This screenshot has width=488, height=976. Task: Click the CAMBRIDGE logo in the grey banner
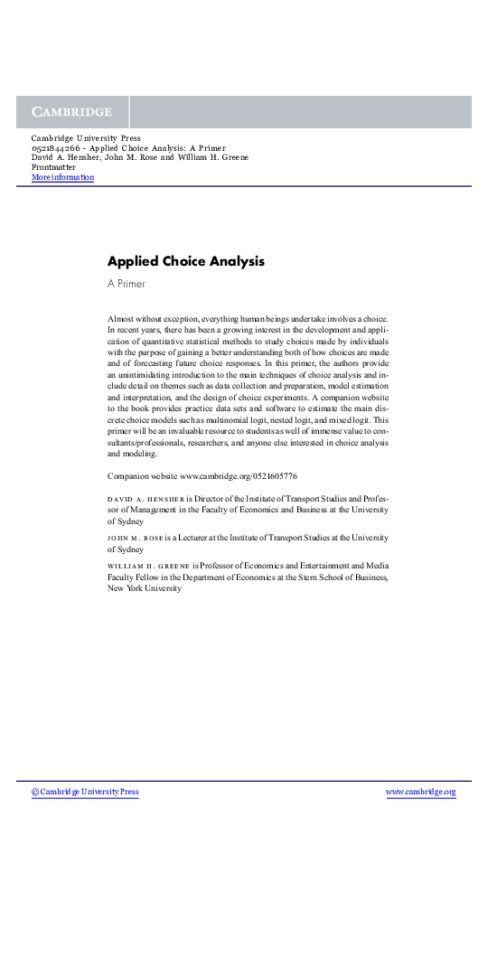click(72, 112)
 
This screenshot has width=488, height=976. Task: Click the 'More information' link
click(62, 177)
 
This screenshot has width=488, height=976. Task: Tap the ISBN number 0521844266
click(58, 147)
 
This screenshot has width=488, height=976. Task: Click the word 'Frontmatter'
click(53, 167)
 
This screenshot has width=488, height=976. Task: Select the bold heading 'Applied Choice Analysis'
click(185, 261)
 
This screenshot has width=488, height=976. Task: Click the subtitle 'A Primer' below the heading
click(126, 284)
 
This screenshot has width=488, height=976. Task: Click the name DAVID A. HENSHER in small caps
click(145, 499)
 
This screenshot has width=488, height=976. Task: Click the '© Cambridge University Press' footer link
click(85, 792)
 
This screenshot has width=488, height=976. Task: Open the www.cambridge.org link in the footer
click(420, 792)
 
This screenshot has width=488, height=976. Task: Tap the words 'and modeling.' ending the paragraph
click(132, 454)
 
